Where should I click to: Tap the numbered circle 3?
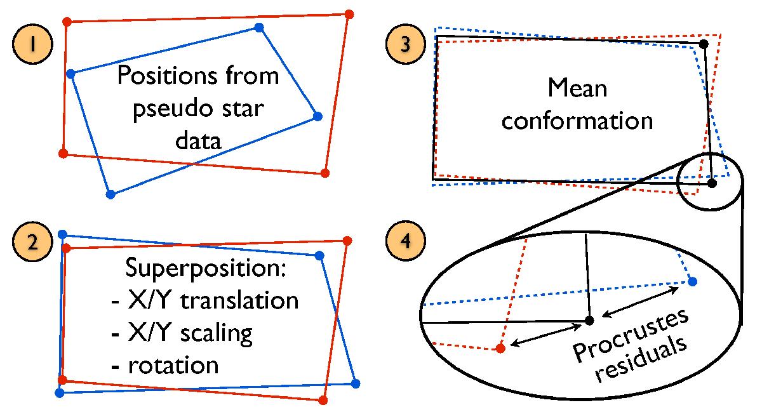point(405,48)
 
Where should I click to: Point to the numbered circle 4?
point(405,246)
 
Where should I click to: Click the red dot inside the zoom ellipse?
point(500,348)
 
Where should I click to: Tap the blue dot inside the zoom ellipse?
point(692,281)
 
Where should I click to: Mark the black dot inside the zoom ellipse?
point(589,321)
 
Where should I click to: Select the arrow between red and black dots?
point(547,335)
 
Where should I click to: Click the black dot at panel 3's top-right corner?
point(704,44)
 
